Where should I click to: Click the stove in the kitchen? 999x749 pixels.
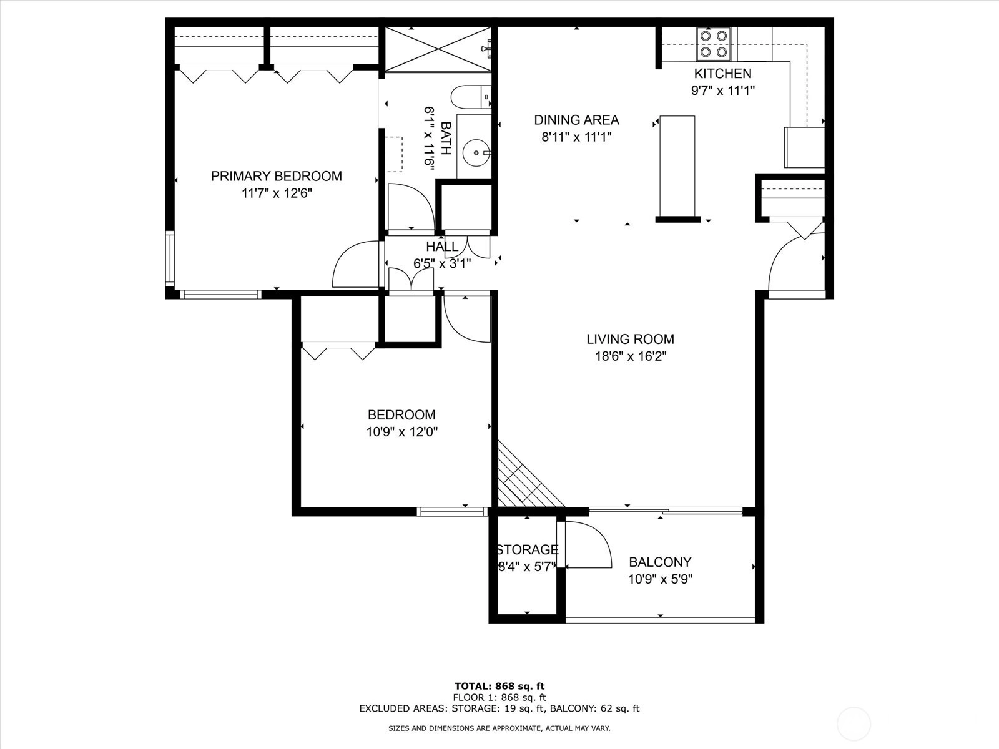click(713, 44)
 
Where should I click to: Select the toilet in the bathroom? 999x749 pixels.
click(471, 97)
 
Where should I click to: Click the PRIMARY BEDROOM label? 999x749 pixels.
click(276, 176)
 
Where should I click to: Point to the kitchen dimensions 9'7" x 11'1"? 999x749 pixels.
click(723, 91)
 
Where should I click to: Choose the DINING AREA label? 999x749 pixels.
click(576, 120)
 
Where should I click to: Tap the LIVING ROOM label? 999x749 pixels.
click(631, 339)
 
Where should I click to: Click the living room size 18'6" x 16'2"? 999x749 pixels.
click(631, 356)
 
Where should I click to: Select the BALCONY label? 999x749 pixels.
click(660, 562)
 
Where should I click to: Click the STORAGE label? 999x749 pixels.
click(526, 550)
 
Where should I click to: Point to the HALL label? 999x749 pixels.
click(442, 247)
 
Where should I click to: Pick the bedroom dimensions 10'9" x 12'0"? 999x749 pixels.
click(402, 431)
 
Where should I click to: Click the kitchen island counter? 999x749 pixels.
click(677, 166)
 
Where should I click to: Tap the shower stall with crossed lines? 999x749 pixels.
click(438, 49)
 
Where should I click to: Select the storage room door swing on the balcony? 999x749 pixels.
click(587, 545)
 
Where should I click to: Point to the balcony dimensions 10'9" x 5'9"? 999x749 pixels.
click(660, 579)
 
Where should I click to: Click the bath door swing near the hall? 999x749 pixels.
click(411, 207)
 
